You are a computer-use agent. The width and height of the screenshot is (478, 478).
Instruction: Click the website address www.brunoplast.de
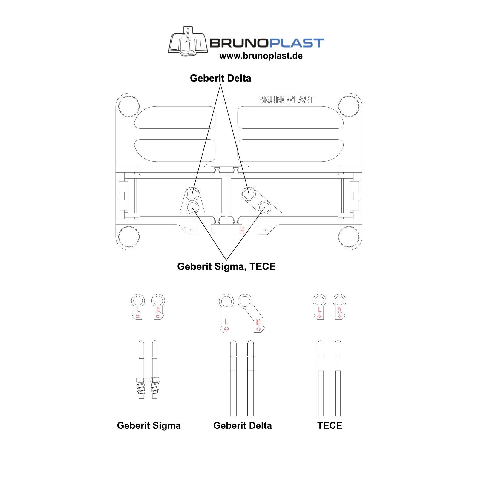tap(261, 56)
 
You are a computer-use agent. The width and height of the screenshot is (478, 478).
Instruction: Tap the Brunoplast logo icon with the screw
tap(188, 42)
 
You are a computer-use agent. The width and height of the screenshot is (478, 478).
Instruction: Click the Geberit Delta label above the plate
tap(220, 78)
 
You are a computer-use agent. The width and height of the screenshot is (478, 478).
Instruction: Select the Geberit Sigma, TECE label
tap(226, 266)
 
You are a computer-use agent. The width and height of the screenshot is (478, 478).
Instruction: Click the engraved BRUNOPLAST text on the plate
tap(287, 100)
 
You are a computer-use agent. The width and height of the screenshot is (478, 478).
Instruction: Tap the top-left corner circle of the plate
tap(129, 106)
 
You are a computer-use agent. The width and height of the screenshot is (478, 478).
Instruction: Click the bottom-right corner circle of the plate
tap(349, 237)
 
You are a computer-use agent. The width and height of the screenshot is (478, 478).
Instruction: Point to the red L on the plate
tap(212, 230)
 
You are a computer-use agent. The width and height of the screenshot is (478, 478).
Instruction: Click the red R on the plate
tap(242, 230)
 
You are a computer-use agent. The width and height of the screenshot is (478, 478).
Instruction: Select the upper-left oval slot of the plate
tap(175, 117)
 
